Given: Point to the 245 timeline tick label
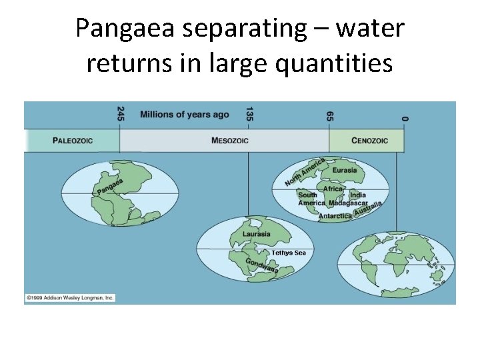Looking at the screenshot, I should (121, 114).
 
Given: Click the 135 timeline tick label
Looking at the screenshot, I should (249, 114).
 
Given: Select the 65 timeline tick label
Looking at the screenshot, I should (330, 115).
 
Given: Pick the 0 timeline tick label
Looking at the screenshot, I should (404, 117).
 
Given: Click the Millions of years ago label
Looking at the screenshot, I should (184, 115).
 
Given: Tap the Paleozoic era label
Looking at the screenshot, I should (73, 141).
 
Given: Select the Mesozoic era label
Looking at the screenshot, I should (230, 141).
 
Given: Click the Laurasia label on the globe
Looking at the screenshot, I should (257, 234).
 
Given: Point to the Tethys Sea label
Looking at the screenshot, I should (289, 253).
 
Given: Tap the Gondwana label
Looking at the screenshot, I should (262, 265).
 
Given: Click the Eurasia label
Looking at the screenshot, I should (345, 170).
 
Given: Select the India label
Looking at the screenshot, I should (358, 195).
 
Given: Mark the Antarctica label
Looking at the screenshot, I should (335, 216).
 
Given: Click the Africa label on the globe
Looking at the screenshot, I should (333, 189).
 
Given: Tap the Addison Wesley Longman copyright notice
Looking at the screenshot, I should (70, 297).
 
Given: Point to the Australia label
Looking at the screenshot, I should (368, 209).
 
